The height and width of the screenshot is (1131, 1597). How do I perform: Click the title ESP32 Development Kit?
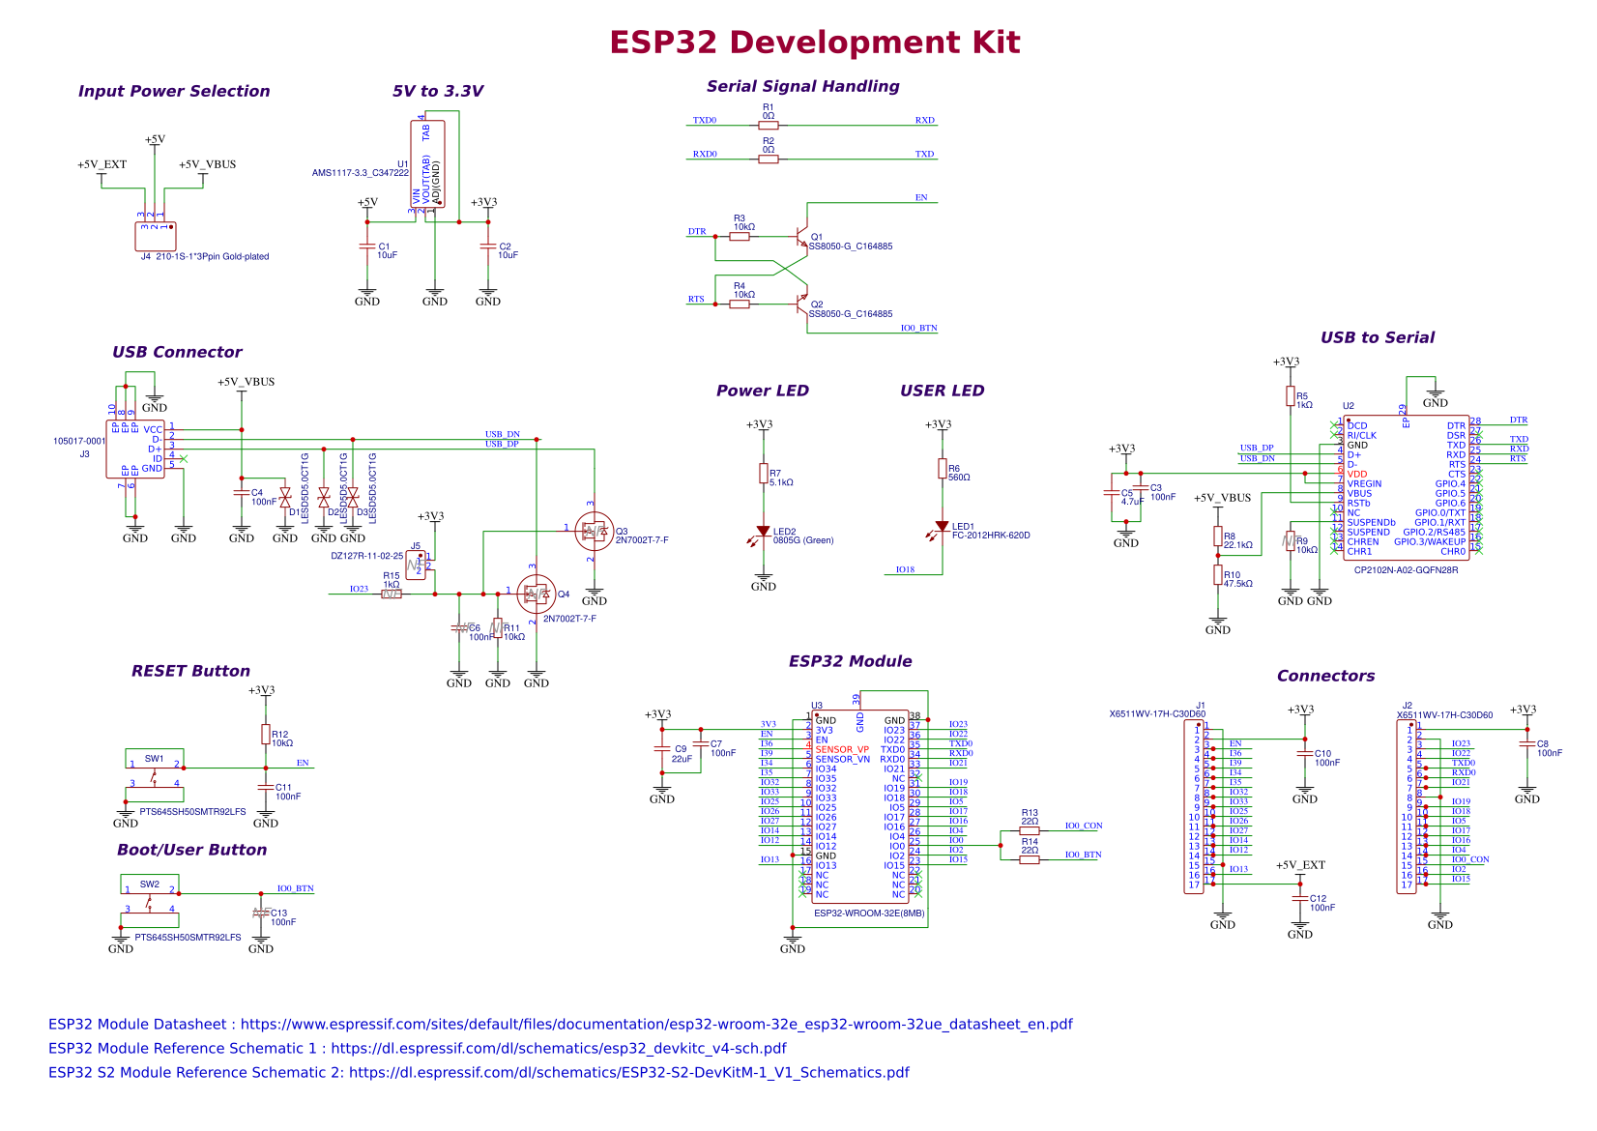tap(814, 43)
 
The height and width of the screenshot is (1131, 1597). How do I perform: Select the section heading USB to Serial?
tap(1377, 337)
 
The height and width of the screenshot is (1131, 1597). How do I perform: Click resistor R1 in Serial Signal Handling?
tap(768, 125)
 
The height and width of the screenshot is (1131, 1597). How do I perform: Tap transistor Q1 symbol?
tap(800, 236)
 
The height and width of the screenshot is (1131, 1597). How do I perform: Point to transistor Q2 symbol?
tap(800, 304)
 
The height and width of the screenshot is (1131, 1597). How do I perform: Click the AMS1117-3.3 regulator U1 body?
tap(428, 163)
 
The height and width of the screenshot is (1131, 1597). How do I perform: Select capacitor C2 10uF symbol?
tap(487, 247)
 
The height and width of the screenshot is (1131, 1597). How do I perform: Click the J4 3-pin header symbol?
tap(155, 236)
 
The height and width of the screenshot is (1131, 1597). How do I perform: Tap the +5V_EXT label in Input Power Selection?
tap(102, 164)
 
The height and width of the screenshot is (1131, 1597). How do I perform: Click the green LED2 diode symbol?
tap(764, 533)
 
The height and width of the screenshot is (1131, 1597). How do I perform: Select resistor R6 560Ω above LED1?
tap(942, 469)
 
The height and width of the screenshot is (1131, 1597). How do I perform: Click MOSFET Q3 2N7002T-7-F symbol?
tap(593, 531)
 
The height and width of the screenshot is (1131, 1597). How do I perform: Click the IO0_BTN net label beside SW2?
tap(295, 888)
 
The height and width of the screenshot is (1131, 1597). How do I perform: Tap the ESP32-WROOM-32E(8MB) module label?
tap(868, 913)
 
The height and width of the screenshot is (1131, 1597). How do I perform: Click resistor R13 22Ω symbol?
tap(1030, 830)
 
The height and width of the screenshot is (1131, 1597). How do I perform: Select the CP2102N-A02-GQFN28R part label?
tap(1406, 570)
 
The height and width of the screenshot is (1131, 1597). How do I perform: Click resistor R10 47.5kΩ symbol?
tap(1217, 575)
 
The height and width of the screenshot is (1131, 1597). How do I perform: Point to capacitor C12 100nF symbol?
tap(1299, 898)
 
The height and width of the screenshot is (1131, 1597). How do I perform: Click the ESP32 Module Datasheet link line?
tap(560, 1024)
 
